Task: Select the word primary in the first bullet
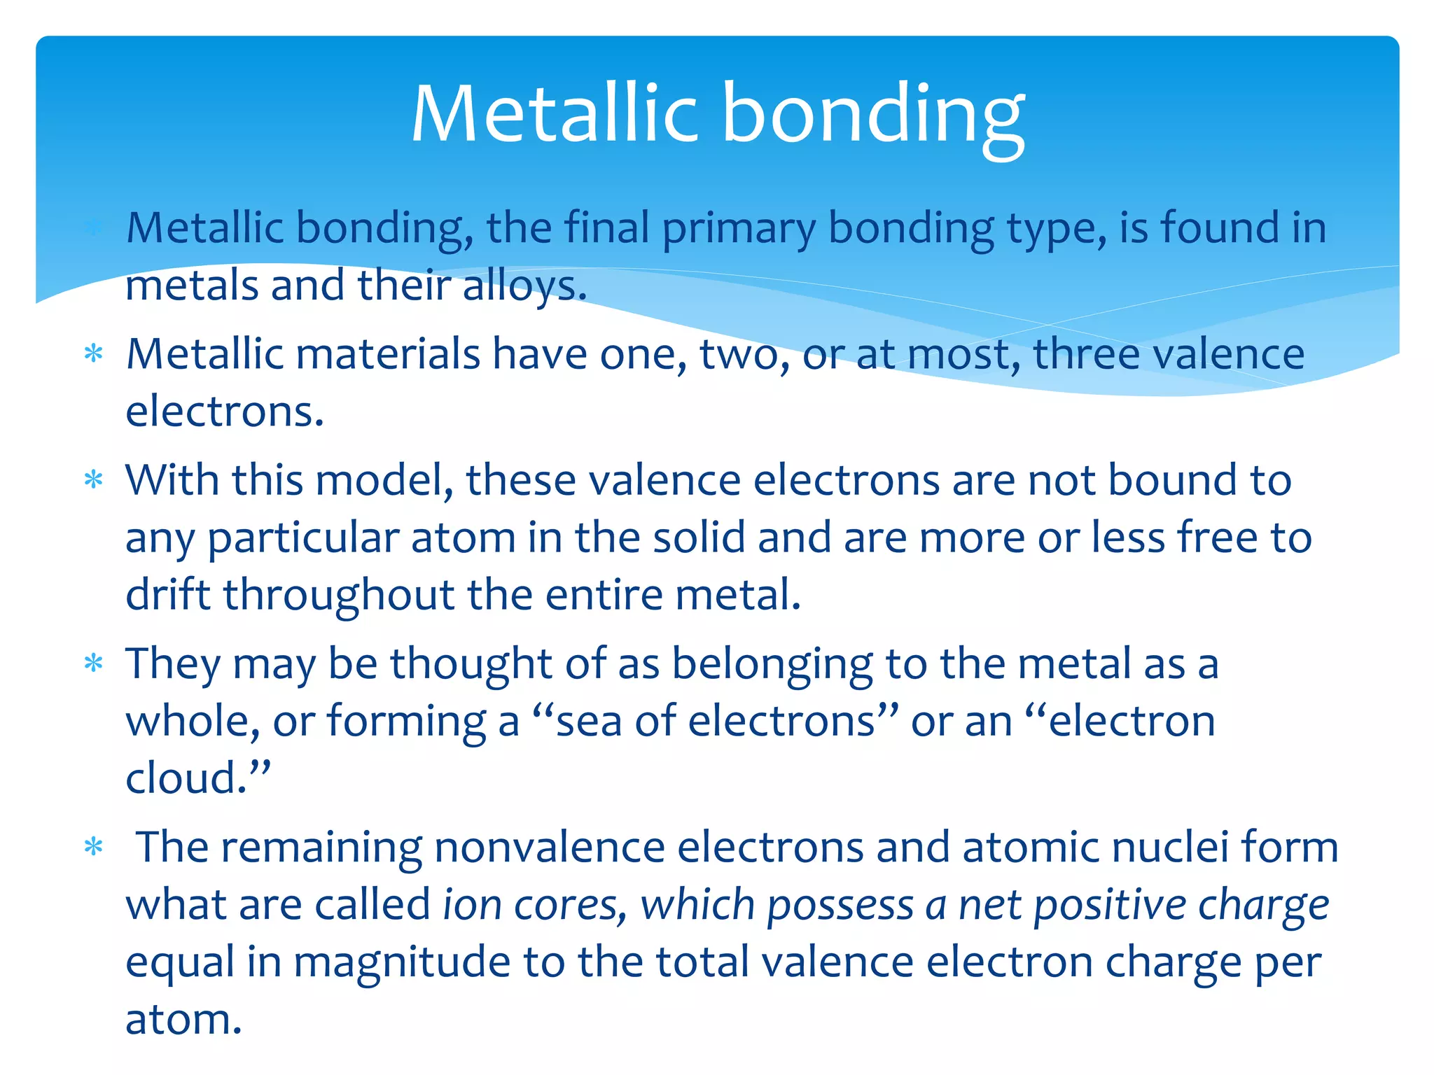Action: (739, 230)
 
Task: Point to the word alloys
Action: (524, 287)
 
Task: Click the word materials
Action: (388, 353)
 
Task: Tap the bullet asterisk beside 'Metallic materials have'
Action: (93, 353)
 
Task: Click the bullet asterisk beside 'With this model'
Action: (93, 480)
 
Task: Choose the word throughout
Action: (340, 596)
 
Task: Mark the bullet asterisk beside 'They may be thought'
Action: (93, 663)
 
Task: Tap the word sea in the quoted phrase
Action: (588, 722)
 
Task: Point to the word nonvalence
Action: (549, 848)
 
